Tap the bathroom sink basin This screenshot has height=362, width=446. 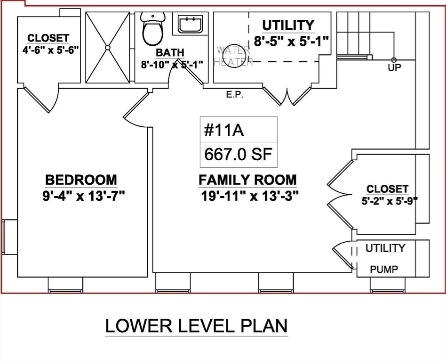[x=190, y=24]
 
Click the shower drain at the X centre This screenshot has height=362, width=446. [x=108, y=48]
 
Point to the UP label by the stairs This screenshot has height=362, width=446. [x=394, y=67]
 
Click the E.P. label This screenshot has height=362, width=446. [x=235, y=95]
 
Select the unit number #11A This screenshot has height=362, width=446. [x=224, y=131]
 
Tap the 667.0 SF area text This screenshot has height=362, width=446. [x=239, y=154]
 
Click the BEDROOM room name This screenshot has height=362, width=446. [x=81, y=180]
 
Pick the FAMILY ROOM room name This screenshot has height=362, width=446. [x=247, y=180]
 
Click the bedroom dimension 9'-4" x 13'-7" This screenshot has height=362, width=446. [x=84, y=196]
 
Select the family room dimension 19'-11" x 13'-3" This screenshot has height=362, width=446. [x=250, y=196]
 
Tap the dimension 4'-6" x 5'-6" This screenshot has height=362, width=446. [x=50, y=50]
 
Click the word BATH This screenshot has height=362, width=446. [x=170, y=52]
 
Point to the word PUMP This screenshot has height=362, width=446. [x=384, y=269]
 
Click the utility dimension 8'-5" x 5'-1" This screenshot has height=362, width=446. [x=291, y=41]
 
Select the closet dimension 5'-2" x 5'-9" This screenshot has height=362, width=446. [x=390, y=201]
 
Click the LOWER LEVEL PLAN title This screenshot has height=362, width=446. [x=196, y=326]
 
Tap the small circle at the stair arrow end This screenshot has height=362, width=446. [x=394, y=60]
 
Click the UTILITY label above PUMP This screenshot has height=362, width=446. [x=385, y=248]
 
